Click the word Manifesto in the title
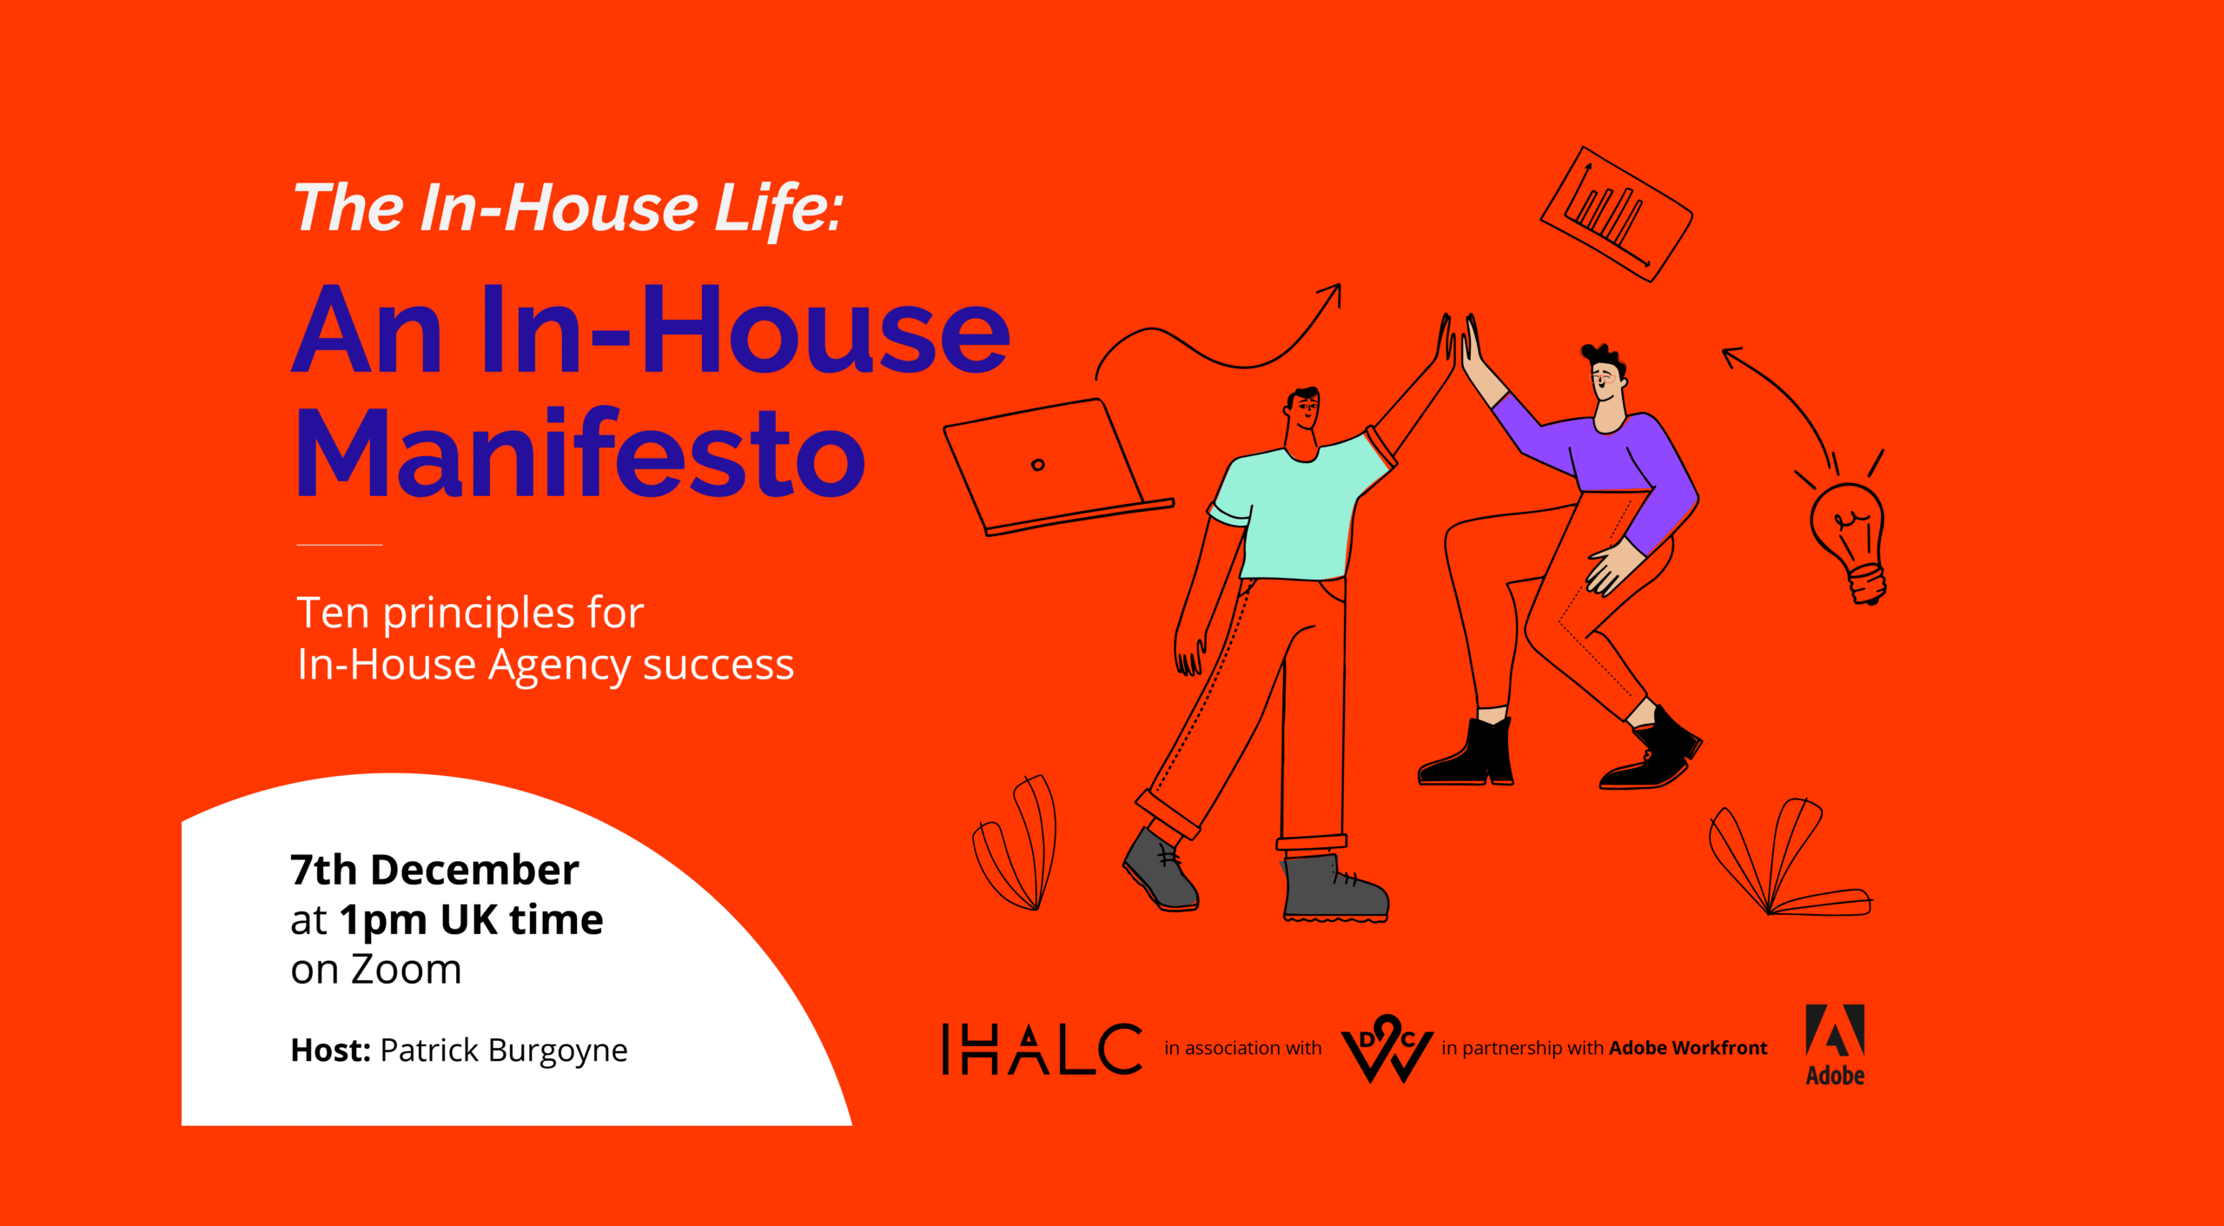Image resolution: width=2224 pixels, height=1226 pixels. tap(581, 454)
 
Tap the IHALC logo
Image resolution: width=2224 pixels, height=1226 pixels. tap(1042, 1049)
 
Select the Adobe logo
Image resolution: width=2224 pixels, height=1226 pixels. tap(1835, 1045)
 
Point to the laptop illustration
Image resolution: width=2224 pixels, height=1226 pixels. tap(1056, 467)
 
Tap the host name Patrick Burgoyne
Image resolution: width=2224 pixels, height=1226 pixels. tap(504, 1050)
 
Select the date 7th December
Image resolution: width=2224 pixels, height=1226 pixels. tap(434, 870)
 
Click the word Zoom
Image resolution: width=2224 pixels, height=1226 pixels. tap(407, 970)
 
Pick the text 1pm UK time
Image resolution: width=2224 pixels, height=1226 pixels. tap(471, 920)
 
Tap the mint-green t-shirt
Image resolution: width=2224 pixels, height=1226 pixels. tap(1299, 508)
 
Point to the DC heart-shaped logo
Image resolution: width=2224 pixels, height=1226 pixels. tap(1387, 1049)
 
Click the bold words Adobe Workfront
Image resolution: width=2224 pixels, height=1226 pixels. tap(1688, 1048)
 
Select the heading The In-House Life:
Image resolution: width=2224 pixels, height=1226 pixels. tap(568, 209)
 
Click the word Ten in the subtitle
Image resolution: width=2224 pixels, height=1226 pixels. tap(334, 613)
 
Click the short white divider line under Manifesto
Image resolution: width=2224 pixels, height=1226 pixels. tap(340, 545)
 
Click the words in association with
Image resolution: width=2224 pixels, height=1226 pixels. tap(1242, 1048)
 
